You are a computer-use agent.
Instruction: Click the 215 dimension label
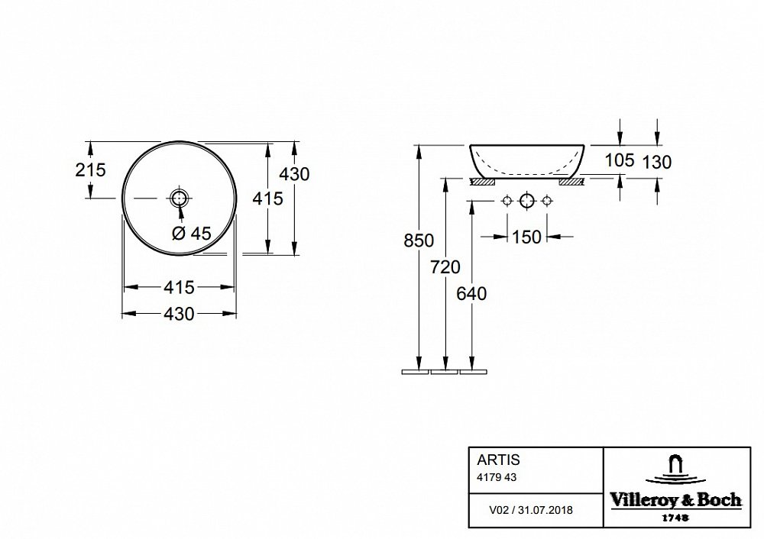[x=91, y=170]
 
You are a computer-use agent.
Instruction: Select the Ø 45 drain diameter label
[x=192, y=234]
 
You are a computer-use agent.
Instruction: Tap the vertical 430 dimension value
[x=295, y=174]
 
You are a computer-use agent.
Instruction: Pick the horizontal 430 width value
[x=180, y=314]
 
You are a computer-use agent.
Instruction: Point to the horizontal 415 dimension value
[x=180, y=287]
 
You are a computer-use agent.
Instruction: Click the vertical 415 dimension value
[x=267, y=198]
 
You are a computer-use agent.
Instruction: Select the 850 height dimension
[x=419, y=240]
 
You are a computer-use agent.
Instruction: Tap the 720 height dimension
[x=445, y=266]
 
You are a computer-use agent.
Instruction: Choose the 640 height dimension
[x=471, y=294]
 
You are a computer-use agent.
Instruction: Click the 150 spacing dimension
[x=526, y=237]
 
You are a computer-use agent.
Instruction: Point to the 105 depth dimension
[x=620, y=160]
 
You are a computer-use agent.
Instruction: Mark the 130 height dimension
[x=657, y=162]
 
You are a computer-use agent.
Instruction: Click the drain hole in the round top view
[x=180, y=198]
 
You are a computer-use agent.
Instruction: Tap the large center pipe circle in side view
[x=527, y=201]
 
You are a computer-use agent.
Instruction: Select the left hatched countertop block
[x=481, y=182]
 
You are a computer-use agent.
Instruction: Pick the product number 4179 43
[x=497, y=478]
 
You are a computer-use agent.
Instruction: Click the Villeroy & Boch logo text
[x=676, y=499]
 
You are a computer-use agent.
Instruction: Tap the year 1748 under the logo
[x=676, y=518]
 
